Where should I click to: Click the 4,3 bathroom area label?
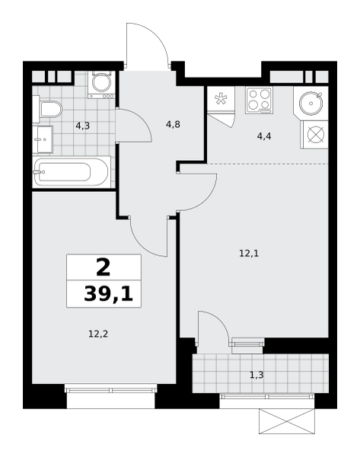(82, 126)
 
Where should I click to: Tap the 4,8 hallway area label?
(173, 124)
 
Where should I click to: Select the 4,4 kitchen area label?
(264, 136)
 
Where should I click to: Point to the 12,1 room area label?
(249, 254)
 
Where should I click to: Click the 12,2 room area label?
(98, 334)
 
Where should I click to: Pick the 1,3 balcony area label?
(256, 375)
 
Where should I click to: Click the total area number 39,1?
(108, 294)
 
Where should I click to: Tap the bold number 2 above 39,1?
(104, 268)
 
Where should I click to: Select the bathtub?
(72, 172)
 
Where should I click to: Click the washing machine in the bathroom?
(102, 85)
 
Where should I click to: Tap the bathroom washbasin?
(43, 139)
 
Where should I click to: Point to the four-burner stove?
(259, 101)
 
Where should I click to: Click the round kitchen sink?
(311, 104)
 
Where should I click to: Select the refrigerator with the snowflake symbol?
(221, 99)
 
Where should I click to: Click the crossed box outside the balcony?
(287, 421)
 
